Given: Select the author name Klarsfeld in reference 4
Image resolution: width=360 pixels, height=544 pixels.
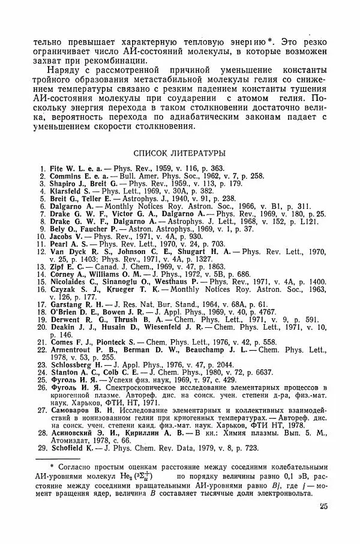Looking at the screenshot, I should (67, 192).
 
